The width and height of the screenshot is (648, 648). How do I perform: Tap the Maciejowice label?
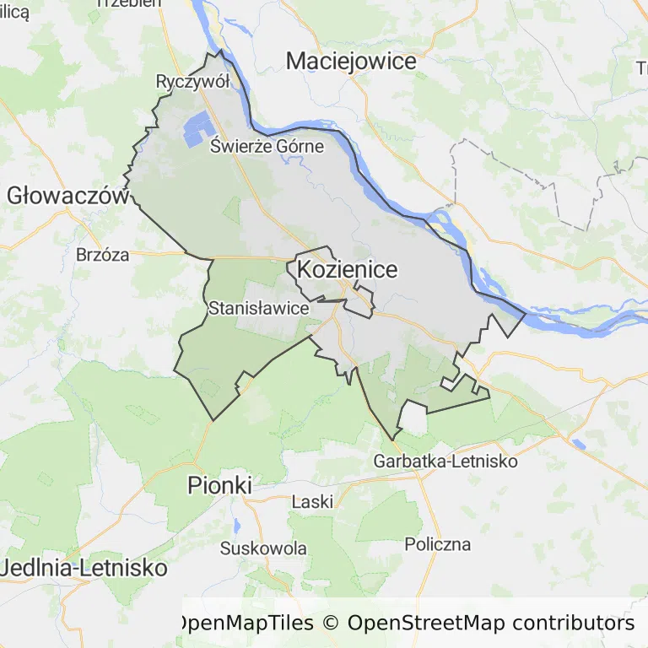coord(351,61)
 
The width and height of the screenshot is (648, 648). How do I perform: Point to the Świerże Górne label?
coord(267,146)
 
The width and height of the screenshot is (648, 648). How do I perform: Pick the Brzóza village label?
coord(103,255)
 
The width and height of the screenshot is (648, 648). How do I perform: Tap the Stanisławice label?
coord(258,308)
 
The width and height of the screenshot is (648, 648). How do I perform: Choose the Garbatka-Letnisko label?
coord(445,462)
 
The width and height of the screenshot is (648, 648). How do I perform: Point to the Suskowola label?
coord(263,548)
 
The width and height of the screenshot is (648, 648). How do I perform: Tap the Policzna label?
coord(437,544)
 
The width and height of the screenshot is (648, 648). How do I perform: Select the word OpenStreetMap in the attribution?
coord(425,624)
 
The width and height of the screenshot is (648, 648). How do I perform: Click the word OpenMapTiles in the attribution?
coord(244,624)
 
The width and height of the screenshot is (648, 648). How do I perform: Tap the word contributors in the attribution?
coord(573,624)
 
